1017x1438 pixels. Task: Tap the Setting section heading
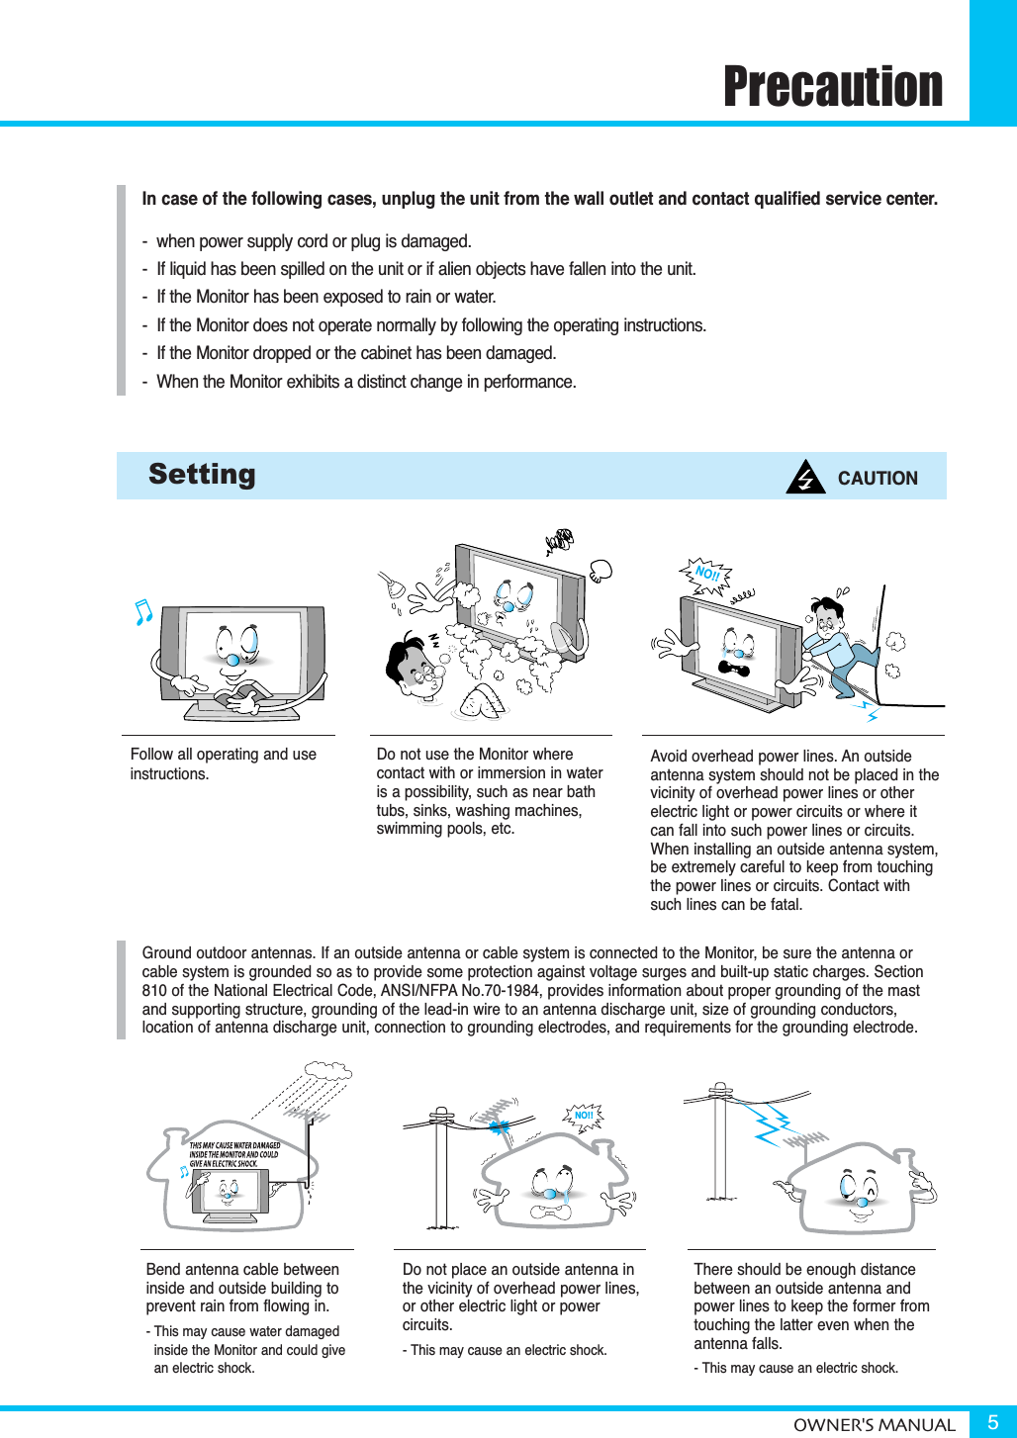click(x=202, y=475)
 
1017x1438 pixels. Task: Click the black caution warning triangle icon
click(x=805, y=478)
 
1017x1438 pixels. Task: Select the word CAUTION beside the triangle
click(x=878, y=479)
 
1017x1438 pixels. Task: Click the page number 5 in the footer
click(x=992, y=1422)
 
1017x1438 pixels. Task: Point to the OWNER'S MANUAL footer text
click(x=874, y=1425)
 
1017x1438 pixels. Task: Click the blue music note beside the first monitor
click(x=143, y=612)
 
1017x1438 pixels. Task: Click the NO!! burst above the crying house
click(x=584, y=1116)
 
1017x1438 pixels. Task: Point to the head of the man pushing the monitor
click(x=823, y=615)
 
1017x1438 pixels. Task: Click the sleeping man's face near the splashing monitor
click(x=415, y=668)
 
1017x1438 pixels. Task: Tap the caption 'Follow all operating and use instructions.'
click(x=224, y=764)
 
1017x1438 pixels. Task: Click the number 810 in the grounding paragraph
click(x=154, y=990)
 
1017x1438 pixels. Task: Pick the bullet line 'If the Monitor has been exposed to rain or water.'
click(x=326, y=297)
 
